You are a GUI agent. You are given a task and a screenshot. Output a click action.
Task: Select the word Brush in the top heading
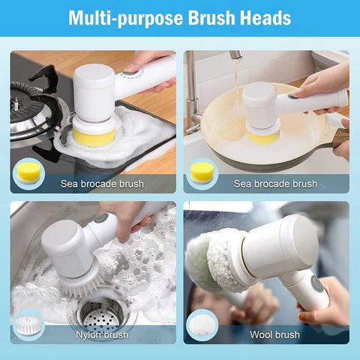(206, 17)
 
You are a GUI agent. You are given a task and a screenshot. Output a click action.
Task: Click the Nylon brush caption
(101, 334)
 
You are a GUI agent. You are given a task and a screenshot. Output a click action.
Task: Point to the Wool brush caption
(275, 334)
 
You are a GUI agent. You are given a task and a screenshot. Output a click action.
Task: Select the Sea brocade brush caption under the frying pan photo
(275, 184)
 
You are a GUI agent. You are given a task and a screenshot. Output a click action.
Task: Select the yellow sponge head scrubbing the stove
(93, 136)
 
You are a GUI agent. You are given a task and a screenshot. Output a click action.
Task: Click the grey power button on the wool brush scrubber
(317, 284)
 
